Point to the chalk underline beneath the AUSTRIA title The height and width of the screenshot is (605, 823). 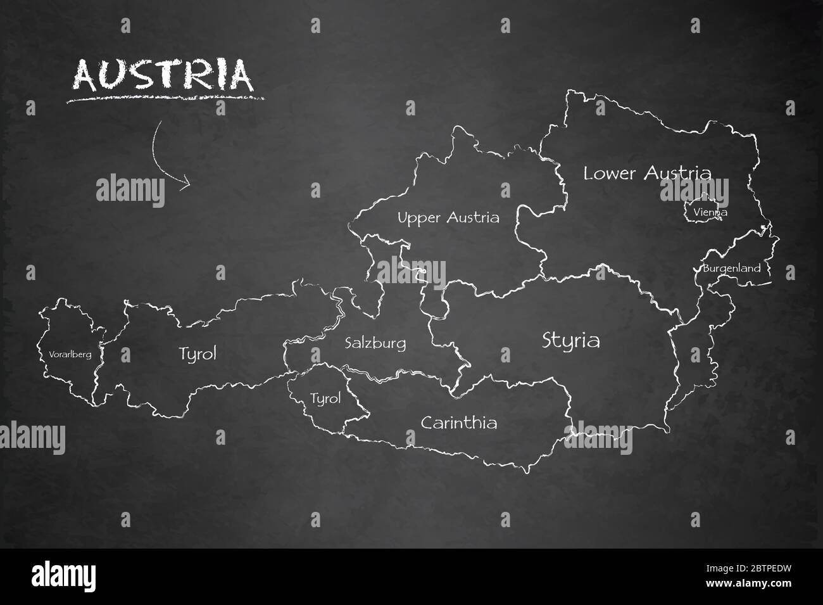click(166, 98)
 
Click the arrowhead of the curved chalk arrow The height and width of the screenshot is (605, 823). click(185, 184)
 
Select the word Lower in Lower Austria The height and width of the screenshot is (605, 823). click(608, 173)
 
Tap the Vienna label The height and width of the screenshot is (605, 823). click(710, 212)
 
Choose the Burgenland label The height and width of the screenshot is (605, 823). click(731, 269)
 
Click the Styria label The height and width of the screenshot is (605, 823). click(571, 341)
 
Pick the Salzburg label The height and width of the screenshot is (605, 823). click(375, 344)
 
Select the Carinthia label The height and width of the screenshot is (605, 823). click(459, 423)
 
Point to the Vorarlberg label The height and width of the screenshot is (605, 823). click(70, 354)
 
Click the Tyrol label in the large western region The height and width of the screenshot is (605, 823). click(198, 353)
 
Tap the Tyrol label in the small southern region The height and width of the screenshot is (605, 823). click(325, 398)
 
